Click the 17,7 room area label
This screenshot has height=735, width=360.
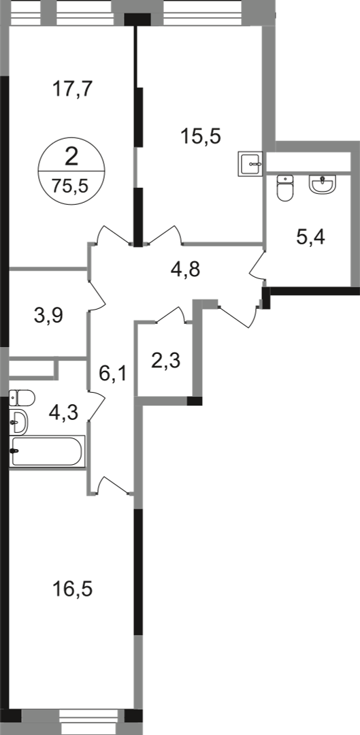[x=73, y=89]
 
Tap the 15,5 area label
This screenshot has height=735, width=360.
[x=201, y=137]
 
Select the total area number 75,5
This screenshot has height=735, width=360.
[x=71, y=186]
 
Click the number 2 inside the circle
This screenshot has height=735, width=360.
[x=71, y=157]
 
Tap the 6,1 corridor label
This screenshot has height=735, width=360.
[x=113, y=374]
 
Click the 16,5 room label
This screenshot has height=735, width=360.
[x=73, y=589]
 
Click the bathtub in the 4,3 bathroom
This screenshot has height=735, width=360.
[x=48, y=451]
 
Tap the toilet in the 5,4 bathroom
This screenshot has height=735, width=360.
[x=285, y=188]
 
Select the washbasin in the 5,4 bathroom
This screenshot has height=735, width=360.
[x=323, y=183]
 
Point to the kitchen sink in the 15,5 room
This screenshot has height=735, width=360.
[x=250, y=164]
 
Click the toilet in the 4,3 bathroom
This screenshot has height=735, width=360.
[x=22, y=398]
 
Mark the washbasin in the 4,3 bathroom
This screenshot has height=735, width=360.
[x=18, y=422]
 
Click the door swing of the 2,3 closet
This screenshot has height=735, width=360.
[x=174, y=314]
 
